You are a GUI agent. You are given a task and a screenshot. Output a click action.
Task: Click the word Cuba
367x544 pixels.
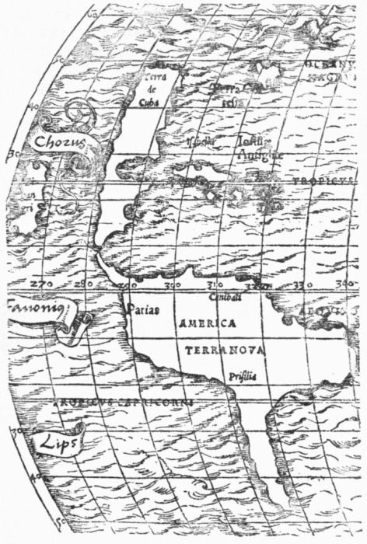click(149, 99)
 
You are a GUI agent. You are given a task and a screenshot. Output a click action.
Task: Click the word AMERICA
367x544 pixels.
click(207, 323)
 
